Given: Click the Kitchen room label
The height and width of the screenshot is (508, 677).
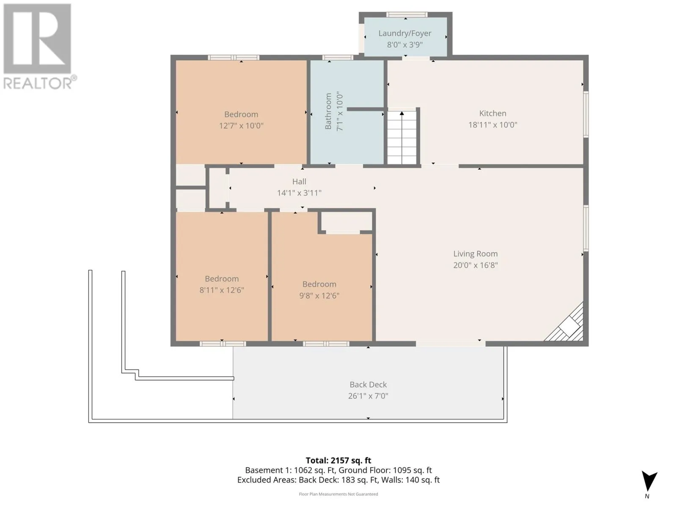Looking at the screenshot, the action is pyautogui.click(x=493, y=113).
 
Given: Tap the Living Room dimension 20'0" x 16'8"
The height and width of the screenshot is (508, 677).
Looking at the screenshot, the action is pyautogui.click(x=475, y=265).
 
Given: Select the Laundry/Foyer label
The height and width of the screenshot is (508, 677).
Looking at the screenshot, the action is pyautogui.click(x=405, y=33).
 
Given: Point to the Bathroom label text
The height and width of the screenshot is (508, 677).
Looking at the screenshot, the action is pyautogui.click(x=328, y=111).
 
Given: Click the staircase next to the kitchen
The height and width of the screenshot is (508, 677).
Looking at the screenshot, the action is pyautogui.click(x=402, y=138).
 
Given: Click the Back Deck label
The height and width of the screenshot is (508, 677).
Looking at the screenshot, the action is pyautogui.click(x=368, y=385).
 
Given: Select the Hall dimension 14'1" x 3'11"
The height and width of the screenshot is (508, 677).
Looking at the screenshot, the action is pyautogui.click(x=299, y=193).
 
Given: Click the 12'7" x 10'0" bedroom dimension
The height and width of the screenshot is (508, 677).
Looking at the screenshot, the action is pyautogui.click(x=241, y=126).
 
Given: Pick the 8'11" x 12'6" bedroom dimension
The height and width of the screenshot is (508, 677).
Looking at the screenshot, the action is pyautogui.click(x=222, y=290).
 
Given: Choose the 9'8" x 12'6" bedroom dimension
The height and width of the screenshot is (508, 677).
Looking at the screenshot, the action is pyautogui.click(x=319, y=296).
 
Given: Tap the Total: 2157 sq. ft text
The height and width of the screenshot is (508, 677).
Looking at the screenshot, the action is pyautogui.click(x=338, y=461).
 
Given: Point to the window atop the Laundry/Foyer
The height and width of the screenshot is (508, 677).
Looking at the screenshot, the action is pyautogui.click(x=407, y=14).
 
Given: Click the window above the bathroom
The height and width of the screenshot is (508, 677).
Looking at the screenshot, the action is pyautogui.click(x=338, y=58).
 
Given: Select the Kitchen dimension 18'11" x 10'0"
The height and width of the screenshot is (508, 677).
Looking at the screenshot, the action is pyautogui.click(x=493, y=125).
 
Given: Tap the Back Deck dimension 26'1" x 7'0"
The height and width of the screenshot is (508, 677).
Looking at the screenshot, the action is pyautogui.click(x=368, y=396).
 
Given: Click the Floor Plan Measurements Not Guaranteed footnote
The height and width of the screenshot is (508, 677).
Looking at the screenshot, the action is pyautogui.click(x=338, y=494).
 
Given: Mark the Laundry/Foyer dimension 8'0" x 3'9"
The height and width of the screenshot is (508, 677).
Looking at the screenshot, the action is pyautogui.click(x=405, y=45).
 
